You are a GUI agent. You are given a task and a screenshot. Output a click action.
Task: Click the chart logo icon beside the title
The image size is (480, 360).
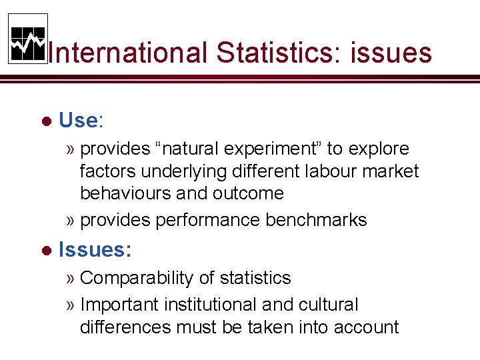[x=28, y=39]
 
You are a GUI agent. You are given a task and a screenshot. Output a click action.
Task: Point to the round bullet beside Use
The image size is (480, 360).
[x=47, y=121]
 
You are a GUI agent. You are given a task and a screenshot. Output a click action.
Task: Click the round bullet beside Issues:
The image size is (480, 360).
[x=47, y=251]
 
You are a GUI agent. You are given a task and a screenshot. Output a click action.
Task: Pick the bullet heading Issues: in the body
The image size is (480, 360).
[x=95, y=250]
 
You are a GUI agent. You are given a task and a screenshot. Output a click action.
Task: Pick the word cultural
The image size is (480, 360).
[x=323, y=305]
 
